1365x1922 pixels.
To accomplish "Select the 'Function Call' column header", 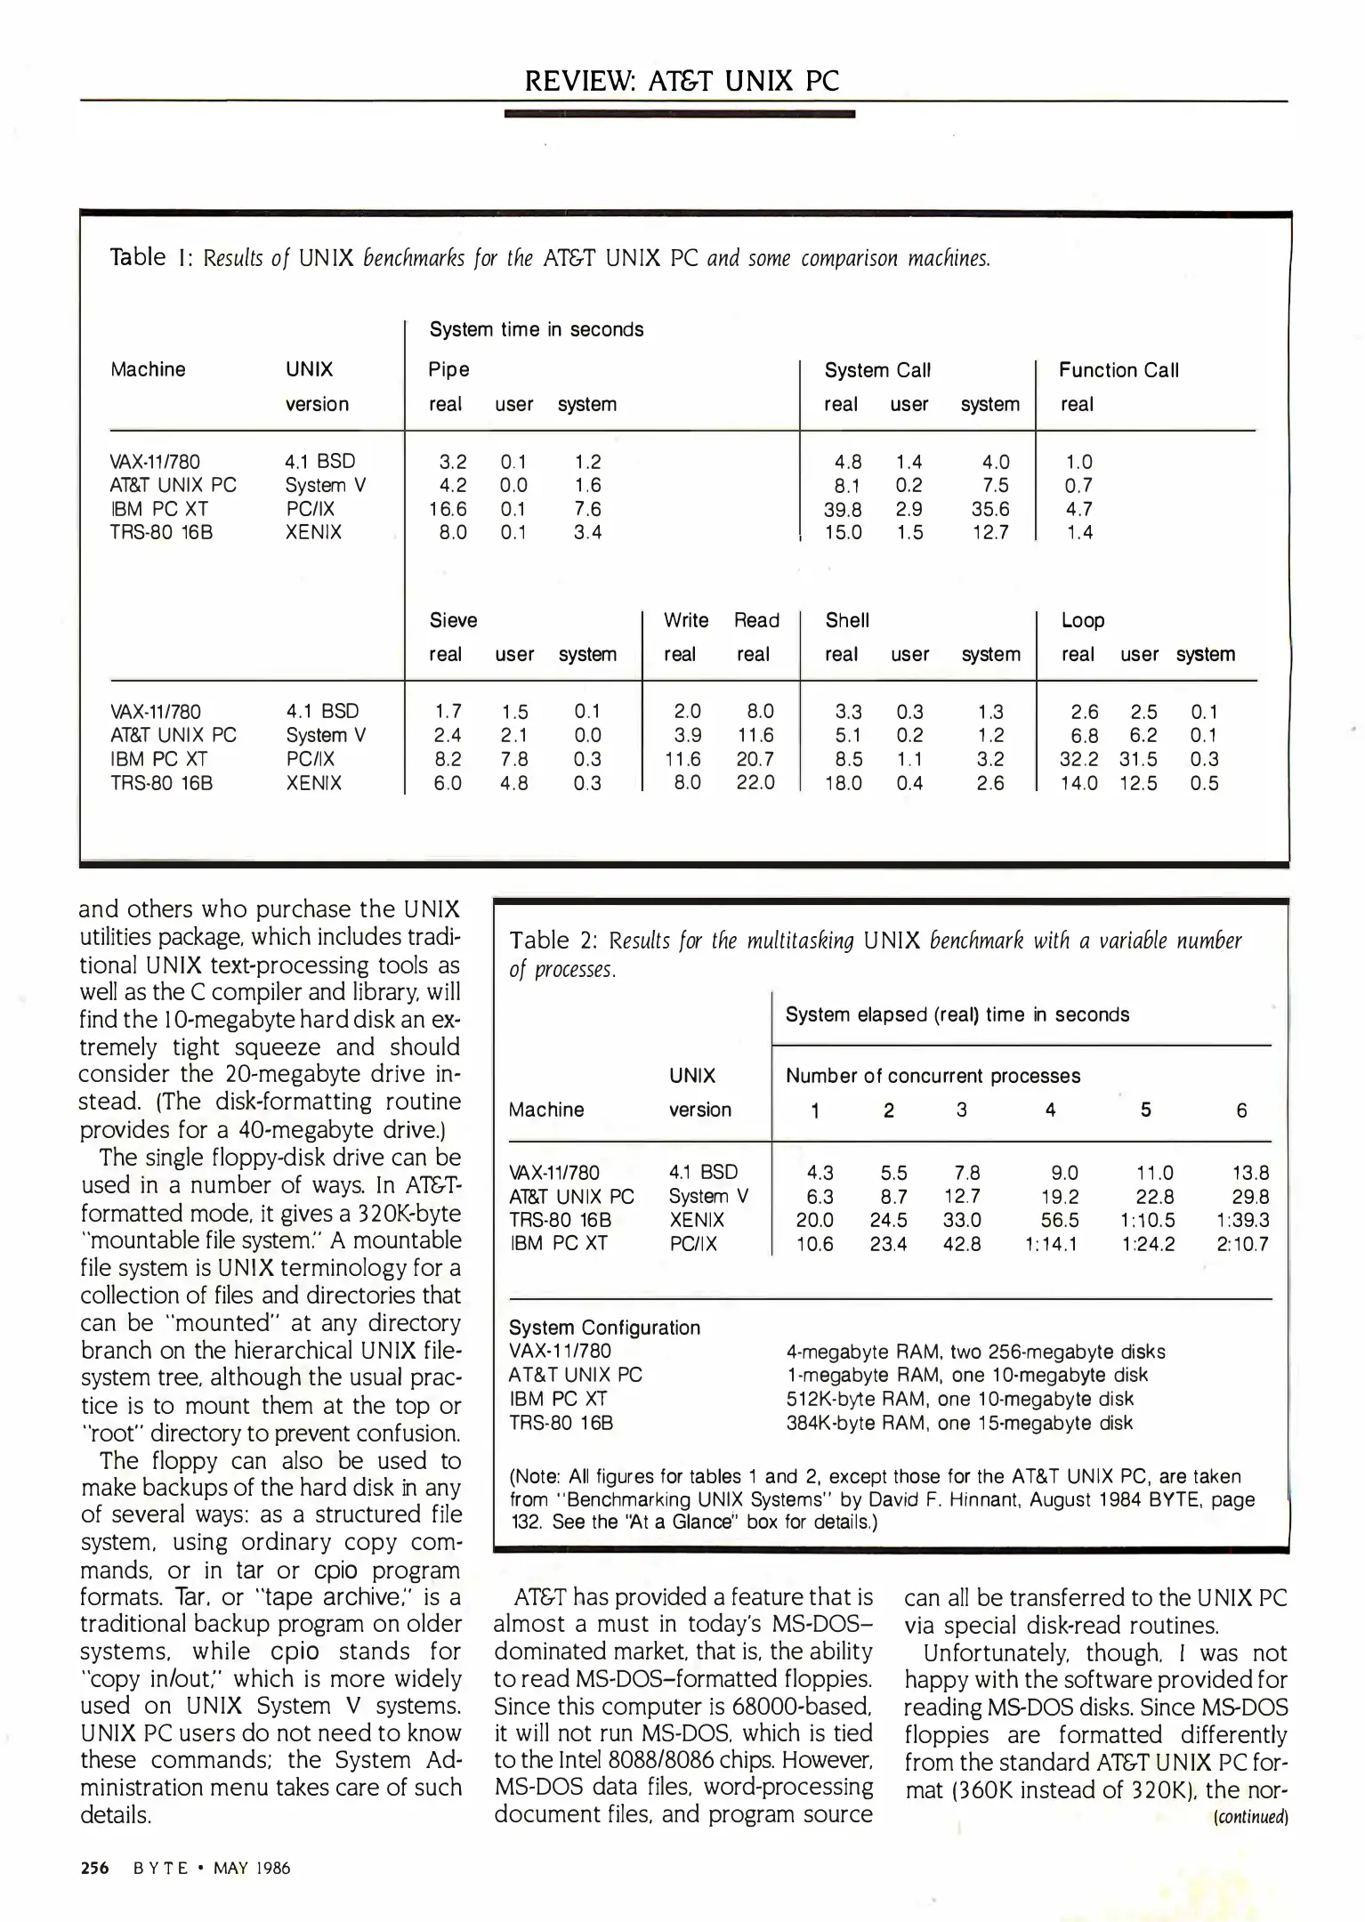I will coord(1119,370).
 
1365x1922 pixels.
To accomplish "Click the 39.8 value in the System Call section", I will coord(843,509).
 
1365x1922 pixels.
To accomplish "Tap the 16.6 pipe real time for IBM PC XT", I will coord(448,509).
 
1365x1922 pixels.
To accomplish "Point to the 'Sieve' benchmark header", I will coord(453,620).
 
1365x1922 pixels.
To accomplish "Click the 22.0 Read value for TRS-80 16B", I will coord(755,783).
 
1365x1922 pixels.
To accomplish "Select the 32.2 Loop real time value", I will coord(1078,759).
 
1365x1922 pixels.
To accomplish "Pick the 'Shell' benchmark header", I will coord(847,620).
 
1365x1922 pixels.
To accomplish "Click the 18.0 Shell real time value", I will coord(843,783).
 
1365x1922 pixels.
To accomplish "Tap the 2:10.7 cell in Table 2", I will coord(1242,1244).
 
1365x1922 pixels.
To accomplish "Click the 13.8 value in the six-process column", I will coord(1250,1173).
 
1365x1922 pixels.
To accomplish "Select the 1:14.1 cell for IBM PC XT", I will coord(1051,1244).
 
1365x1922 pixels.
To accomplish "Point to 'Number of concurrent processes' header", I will coord(933,1076).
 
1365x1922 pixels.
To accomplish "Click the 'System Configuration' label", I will coord(604,1328).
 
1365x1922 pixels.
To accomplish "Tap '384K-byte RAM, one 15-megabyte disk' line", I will coord(959,1423).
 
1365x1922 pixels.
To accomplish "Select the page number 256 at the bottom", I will coord(94,1868).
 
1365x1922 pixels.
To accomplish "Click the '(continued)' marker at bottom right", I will coord(1250,1817).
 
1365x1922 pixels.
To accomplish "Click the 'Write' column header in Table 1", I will coord(685,620).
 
